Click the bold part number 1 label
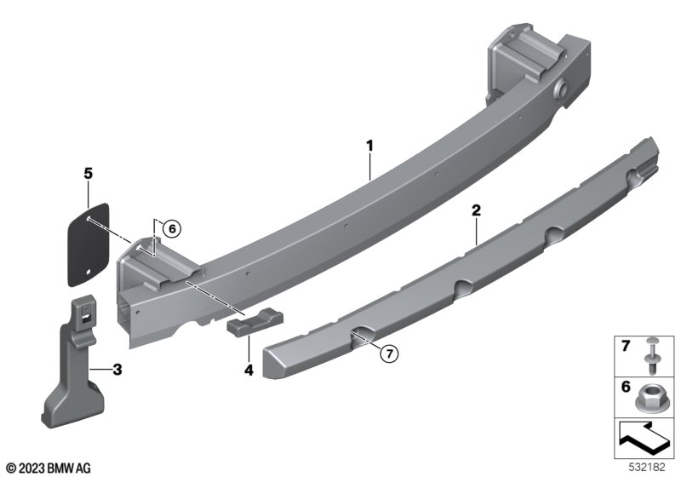click(x=369, y=146)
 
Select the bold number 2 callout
click(x=477, y=210)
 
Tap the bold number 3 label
click(x=117, y=370)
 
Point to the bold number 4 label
click(x=249, y=371)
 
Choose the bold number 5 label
click(x=89, y=174)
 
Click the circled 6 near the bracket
click(x=172, y=228)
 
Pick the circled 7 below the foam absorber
click(x=389, y=353)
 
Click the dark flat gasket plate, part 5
click(x=89, y=244)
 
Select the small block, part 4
click(x=255, y=321)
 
